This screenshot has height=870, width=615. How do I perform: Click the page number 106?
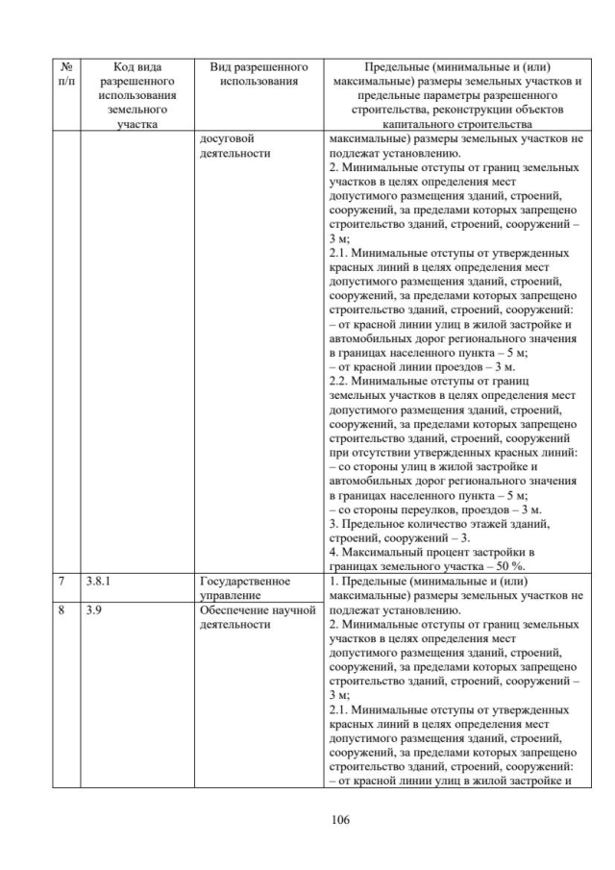(x=307, y=819)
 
